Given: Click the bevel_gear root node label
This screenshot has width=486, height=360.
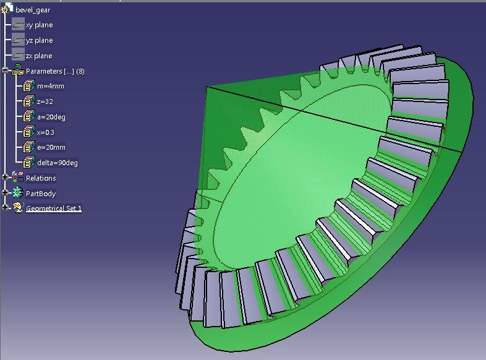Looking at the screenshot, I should (33, 10).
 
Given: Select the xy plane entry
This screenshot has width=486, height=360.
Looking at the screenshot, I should (39, 25).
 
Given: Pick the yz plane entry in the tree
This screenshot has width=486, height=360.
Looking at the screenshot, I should (39, 40).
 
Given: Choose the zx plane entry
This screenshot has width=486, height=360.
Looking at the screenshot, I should (39, 56).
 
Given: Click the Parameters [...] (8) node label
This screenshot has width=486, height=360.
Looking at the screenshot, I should (55, 71).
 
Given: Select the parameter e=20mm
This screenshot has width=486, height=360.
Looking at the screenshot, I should (51, 147).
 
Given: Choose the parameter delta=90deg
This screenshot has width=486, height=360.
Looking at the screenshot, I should (57, 163).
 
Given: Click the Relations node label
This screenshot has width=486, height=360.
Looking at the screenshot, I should (41, 178).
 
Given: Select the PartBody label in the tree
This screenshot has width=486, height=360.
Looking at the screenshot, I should (41, 194).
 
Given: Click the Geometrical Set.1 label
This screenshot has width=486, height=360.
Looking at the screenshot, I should (54, 208).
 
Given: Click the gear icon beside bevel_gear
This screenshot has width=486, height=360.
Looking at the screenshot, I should (7, 9).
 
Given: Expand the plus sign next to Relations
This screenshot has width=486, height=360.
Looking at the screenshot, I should (5, 178).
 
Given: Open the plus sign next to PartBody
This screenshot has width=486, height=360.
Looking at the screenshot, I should (5, 194).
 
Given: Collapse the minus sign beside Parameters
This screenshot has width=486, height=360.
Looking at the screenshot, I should (5, 71).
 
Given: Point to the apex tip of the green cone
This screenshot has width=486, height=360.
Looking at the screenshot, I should (206, 87).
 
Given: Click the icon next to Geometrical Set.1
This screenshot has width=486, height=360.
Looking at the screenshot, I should (17, 208).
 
